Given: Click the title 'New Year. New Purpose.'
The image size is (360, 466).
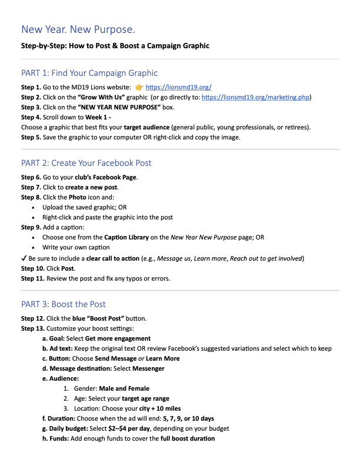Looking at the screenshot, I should [78, 29].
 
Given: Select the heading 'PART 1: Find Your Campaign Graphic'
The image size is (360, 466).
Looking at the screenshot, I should [89, 73].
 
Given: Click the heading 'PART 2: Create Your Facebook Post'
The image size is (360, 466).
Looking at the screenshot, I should [86, 163].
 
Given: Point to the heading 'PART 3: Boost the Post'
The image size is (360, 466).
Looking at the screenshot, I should [64, 304].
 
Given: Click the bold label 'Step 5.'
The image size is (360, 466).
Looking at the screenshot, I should [31, 137].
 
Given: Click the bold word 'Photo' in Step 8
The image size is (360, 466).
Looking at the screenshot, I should [78, 197].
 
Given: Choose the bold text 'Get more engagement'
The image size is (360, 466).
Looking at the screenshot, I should [118, 338].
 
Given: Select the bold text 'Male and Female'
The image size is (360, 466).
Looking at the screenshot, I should [124, 388].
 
